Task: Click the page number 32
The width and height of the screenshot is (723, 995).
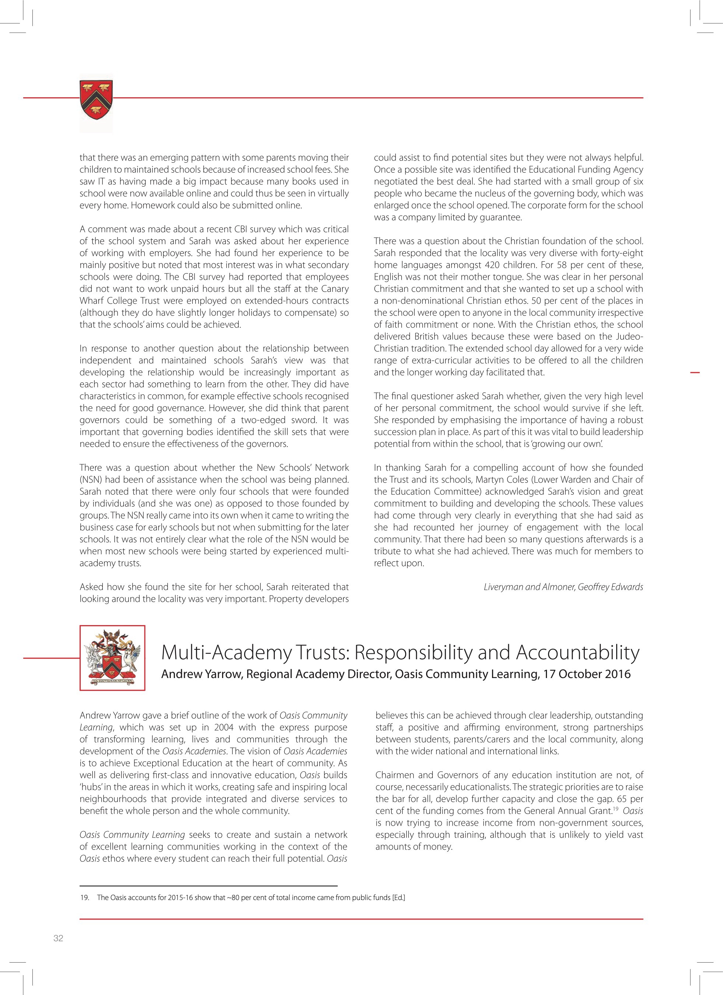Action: coord(58,938)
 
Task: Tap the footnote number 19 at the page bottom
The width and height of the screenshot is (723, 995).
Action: coord(84,897)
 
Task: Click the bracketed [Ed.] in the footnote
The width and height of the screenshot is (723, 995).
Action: coord(399,897)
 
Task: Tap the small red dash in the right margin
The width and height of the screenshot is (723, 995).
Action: coord(695,373)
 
